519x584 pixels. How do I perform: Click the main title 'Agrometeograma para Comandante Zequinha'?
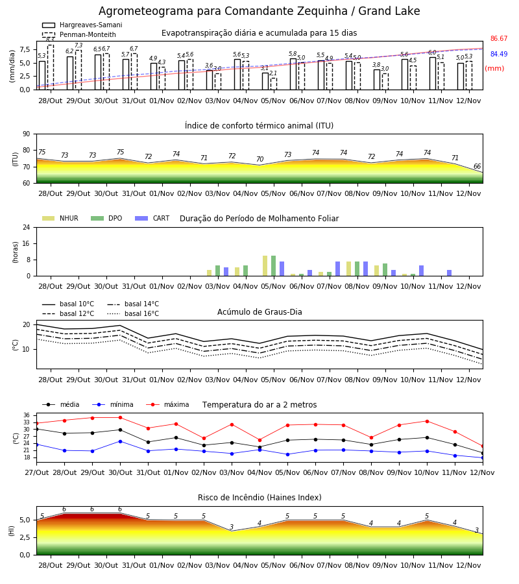coord(223,11)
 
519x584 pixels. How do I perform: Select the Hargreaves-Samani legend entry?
coord(82,25)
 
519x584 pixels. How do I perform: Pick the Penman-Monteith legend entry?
coord(79,34)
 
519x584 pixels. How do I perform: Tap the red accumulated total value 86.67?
coord(499,38)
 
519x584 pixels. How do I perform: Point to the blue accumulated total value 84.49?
coord(499,54)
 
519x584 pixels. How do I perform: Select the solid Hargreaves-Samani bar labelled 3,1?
coord(265,81)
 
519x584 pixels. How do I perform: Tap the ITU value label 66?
coord(477,166)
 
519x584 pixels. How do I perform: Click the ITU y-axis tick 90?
coord(27,134)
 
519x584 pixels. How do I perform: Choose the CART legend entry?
coord(152,218)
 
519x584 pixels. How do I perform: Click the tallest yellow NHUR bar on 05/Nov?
coord(265,266)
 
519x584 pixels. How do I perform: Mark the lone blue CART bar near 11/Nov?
coord(450,273)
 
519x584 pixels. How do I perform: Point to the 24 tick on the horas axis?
coord(27,227)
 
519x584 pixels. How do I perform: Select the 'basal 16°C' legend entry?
coord(133,313)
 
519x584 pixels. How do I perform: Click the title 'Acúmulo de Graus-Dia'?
coord(259,311)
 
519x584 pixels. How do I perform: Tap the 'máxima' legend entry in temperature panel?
coord(167,404)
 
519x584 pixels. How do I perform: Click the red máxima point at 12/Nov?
coord(483,446)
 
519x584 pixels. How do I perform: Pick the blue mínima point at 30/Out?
coord(120,441)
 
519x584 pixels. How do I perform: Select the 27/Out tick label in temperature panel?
coord(37,472)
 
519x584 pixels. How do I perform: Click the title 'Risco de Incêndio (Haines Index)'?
coord(259,497)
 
